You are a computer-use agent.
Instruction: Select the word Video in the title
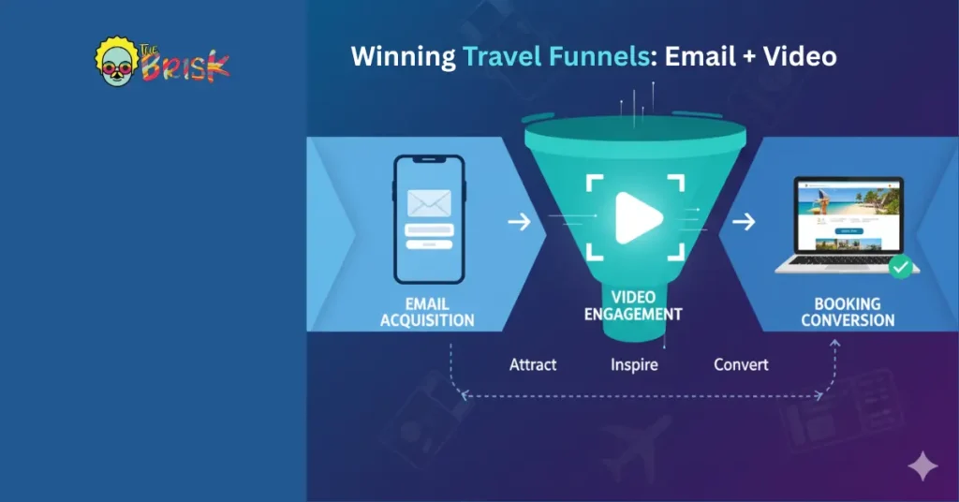pyautogui.click(x=800, y=56)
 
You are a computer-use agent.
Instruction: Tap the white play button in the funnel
pyautogui.click(x=638, y=218)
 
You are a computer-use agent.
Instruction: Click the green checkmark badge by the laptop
pyautogui.click(x=901, y=268)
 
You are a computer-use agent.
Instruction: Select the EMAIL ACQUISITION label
pyautogui.click(x=427, y=312)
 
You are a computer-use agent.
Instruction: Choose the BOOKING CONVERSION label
pyautogui.click(x=848, y=312)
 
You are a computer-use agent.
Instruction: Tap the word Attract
pyautogui.click(x=534, y=364)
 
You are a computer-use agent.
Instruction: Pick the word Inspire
pyautogui.click(x=634, y=364)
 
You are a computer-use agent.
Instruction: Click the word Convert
pyautogui.click(x=741, y=364)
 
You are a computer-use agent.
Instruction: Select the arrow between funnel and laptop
pyautogui.click(x=744, y=223)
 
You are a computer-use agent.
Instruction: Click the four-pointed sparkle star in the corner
pyautogui.click(x=923, y=465)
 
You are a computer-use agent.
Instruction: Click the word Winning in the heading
pyautogui.click(x=403, y=56)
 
